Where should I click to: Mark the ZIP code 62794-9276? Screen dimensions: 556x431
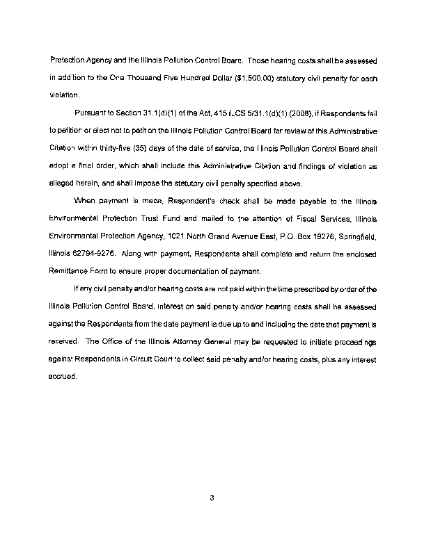(x=91, y=255)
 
